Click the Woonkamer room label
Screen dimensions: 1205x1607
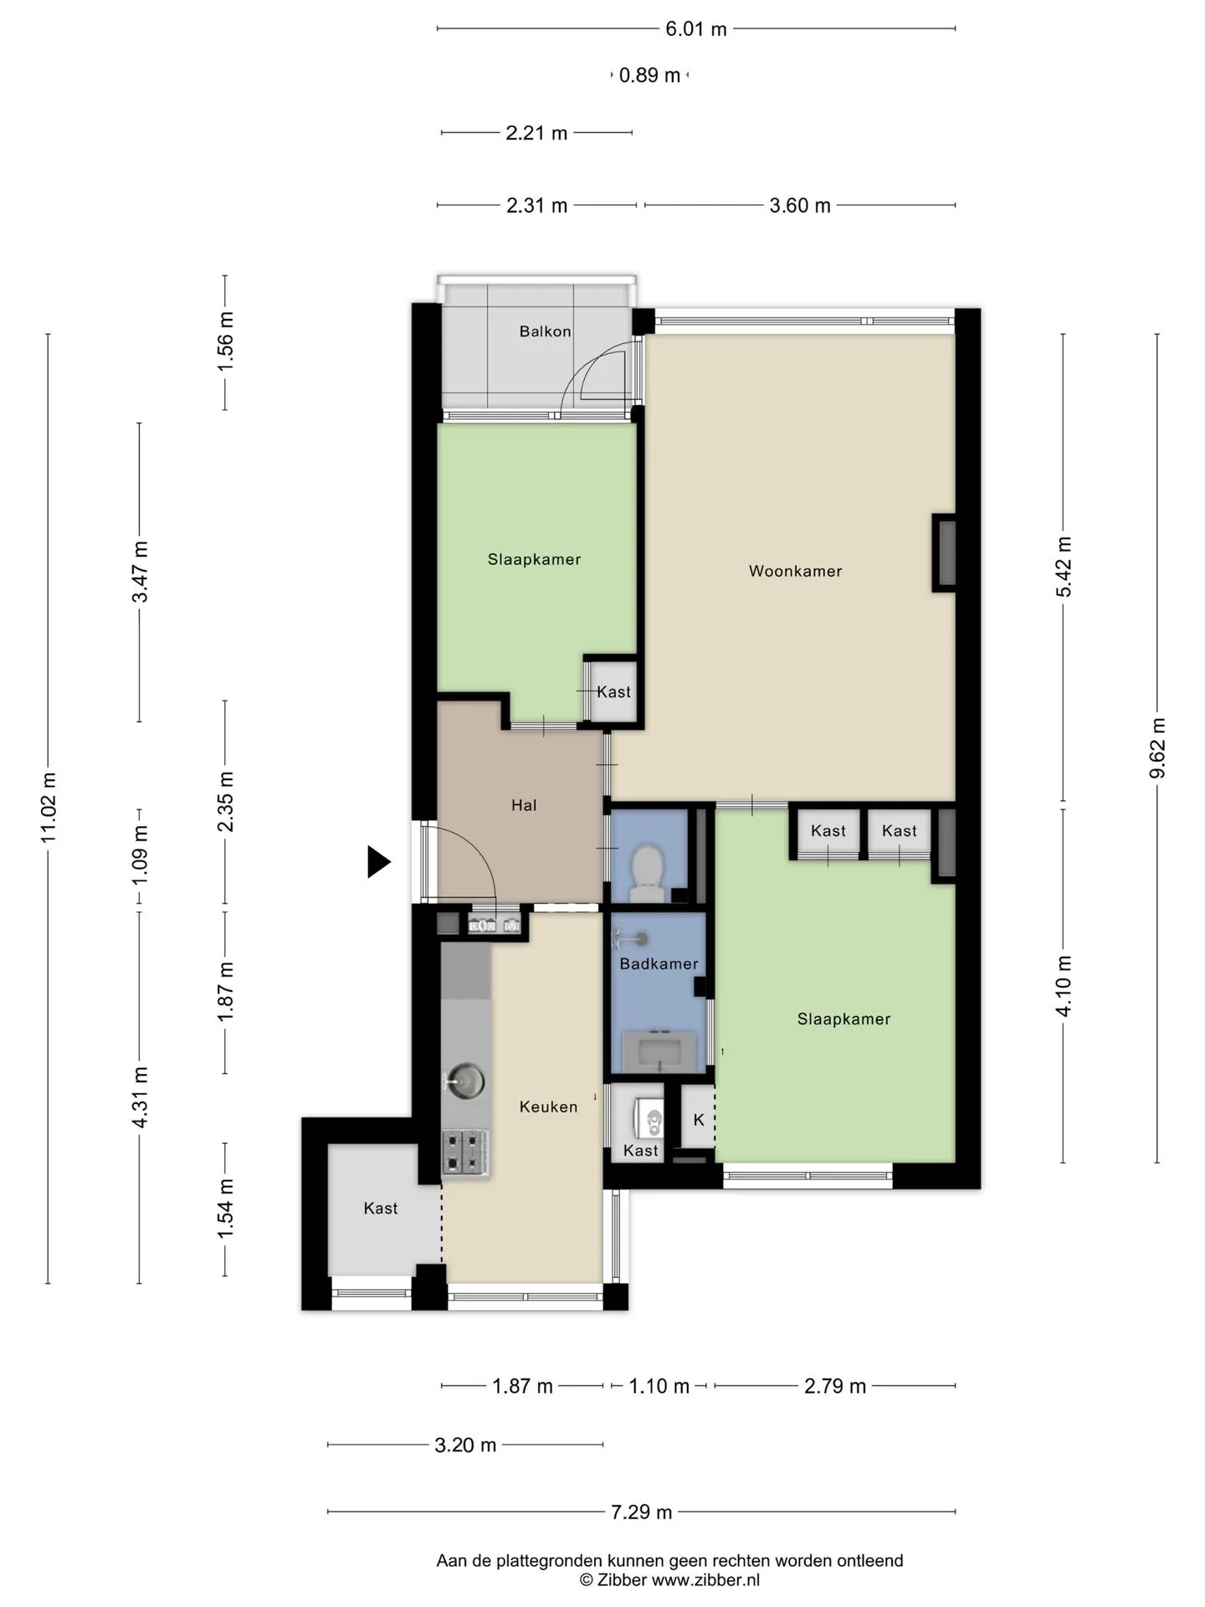(x=795, y=571)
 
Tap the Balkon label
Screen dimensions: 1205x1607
(x=545, y=331)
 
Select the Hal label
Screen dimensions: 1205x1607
(x=524, y=805)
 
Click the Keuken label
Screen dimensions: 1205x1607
(x=548, y=1106)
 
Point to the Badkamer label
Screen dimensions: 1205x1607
(x=659, y=963)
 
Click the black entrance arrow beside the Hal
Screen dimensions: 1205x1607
(x=379, y=862)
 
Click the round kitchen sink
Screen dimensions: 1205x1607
(x=465, y=1078)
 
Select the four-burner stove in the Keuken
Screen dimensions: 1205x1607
(x=465, y=1153)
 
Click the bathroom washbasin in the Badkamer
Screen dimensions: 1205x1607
(x=659, y=1051)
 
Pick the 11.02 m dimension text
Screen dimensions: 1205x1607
(x=49, y=808)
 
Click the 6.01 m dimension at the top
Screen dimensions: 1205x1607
(x=695, y=29)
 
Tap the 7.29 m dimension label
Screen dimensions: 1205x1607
(x=641, y=1512)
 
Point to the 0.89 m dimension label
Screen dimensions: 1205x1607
(x=649, y=75)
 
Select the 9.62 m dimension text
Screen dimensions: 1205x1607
(x=1157, y=748)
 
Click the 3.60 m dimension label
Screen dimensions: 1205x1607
(x=800, y=206)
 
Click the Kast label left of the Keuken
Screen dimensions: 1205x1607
(x=381, y=1208)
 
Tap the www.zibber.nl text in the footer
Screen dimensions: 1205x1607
(x=705, y=1580)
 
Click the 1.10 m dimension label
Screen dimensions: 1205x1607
(x=659, y=1386)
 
